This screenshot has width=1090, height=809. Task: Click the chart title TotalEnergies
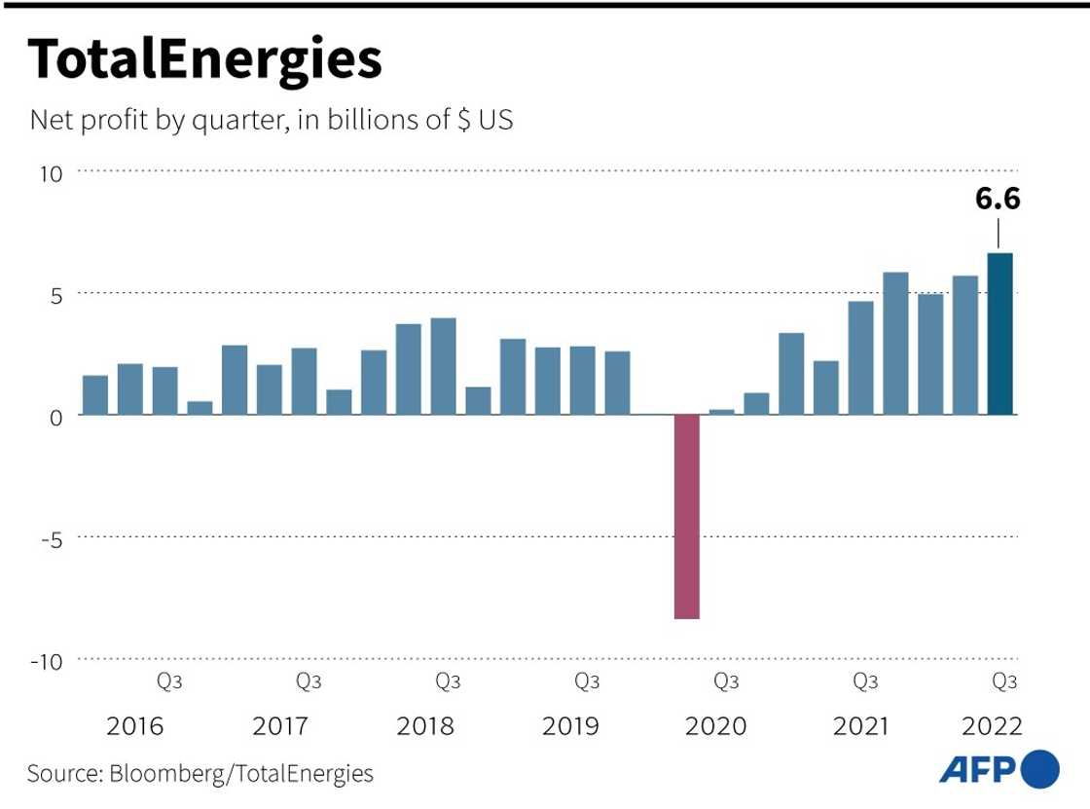tap(204, 60)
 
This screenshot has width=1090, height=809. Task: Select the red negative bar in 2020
tap(686, 516)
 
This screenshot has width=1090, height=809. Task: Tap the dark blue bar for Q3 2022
tap(999, 334)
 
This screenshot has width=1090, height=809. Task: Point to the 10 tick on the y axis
tap(51, 173)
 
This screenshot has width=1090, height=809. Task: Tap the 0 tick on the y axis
tap(55, 416)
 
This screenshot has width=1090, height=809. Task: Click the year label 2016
tap(135, 726)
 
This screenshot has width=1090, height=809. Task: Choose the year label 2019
tap(571, 726)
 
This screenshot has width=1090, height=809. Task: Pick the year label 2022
tap(991, 726)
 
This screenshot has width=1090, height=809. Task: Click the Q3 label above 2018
tap(448, 681)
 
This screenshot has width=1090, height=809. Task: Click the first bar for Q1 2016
tap(95, 394)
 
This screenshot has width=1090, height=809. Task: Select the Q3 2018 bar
tap(443, 366)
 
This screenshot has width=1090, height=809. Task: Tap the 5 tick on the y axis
tap(55, 294)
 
